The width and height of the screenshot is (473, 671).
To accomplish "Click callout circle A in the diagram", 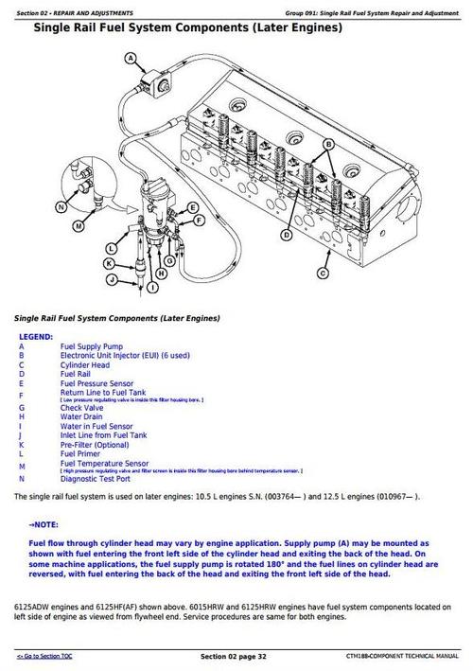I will coord(130,59).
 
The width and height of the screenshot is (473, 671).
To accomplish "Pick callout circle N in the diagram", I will coord(61,205).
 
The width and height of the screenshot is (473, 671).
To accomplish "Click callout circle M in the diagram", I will coord(78,228).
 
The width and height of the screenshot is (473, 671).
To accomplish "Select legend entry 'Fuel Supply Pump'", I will coord(89,347).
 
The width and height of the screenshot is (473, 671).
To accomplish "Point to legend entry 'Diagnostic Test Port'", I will coord(96,480).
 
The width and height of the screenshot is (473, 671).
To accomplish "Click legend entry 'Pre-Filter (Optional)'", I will coord(96,444).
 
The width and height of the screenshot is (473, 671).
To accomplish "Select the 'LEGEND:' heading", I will coord(36,336).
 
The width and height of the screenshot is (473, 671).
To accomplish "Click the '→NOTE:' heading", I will coord(44,523).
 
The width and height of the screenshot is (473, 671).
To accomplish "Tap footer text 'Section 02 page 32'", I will coord(236,656).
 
